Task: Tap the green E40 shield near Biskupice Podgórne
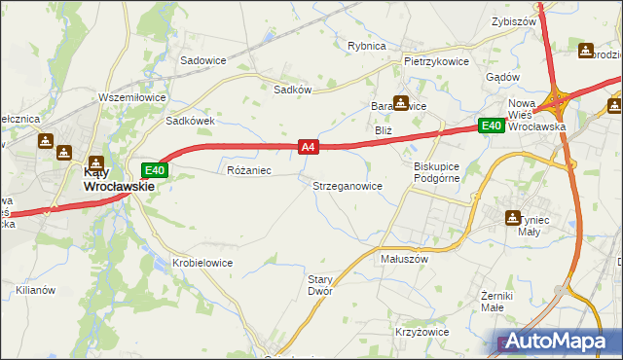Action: click(490, 125)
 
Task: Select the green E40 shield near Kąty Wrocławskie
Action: click(160, 169)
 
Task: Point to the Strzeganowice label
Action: click(347, 185)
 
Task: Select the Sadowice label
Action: click(203, 59)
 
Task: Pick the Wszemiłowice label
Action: click(133, 97)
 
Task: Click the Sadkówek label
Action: click(189, 122)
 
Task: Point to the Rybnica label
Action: click(367, 46)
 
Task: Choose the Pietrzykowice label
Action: click(436, 61)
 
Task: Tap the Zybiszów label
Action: click(515, 21)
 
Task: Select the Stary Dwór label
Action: click(320, 285)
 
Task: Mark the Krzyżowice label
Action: click(421, 332)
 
